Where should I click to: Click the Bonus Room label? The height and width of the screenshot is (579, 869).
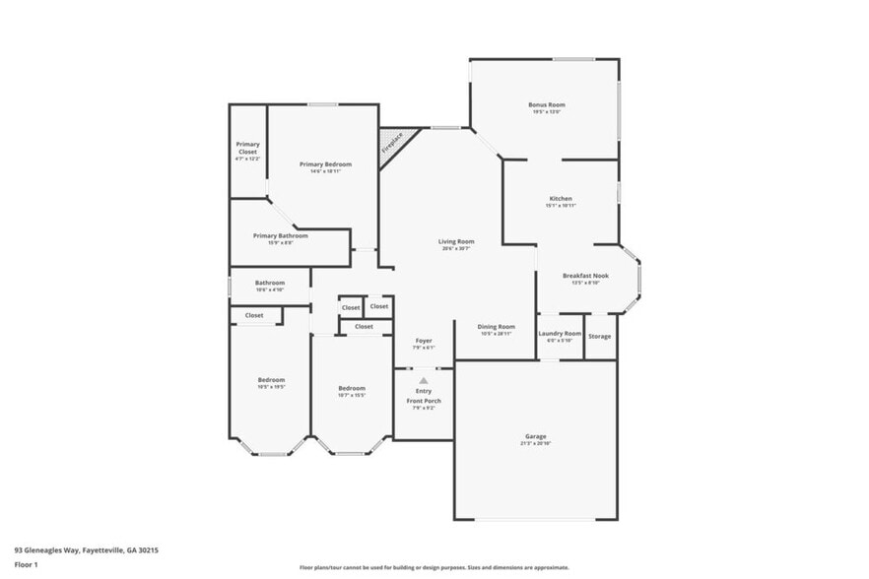click(546, 104)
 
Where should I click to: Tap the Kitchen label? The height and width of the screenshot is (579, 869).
click(560, 198)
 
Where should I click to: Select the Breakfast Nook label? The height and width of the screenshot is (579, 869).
click(585, 276)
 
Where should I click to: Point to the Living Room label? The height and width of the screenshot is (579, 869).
click(456, 241)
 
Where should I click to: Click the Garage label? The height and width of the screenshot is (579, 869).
click(535, 436)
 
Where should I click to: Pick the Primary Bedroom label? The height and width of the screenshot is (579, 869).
click(325, 163)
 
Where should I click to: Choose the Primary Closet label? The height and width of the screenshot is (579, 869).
click(247, 148)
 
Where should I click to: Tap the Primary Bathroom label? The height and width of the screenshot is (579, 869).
click(280, 235)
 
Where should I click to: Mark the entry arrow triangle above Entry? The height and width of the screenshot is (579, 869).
click(424, 380)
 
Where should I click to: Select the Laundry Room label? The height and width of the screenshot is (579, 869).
click(560, 334)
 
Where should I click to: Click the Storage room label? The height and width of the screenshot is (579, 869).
click(599, 337)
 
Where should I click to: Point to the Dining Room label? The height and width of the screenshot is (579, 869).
click(497, 326)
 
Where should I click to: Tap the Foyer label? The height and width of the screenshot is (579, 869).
click(424, 341)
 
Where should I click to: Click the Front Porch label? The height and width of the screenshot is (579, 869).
click(424, 401)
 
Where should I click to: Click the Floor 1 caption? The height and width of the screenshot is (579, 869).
click(26, 564)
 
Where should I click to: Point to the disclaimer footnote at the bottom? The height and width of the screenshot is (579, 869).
click(434, 567)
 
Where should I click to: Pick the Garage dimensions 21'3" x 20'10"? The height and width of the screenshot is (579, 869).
click(535, 443)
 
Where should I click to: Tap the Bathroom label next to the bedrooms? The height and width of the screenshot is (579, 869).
click(269, 283)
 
